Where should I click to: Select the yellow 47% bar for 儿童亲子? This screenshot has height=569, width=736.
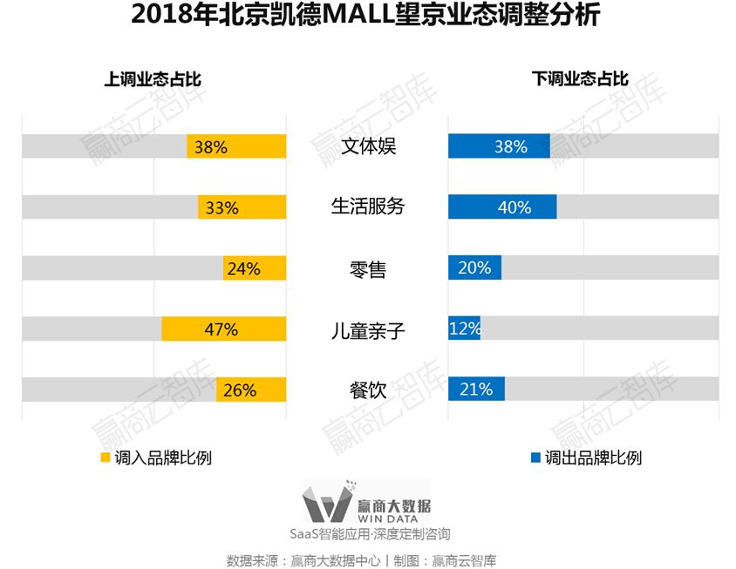point(224,329)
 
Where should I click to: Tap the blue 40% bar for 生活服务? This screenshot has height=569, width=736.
point(502,207)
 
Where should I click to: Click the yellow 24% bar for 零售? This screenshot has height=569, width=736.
point(254,268)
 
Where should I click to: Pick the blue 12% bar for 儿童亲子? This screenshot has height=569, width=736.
point(464,329)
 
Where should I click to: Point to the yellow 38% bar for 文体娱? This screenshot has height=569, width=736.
point(236,147)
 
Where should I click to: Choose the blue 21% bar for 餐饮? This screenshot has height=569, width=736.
point(476,389)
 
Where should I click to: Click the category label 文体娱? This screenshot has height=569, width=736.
point(368,146)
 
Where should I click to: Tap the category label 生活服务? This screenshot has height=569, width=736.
point(368,207)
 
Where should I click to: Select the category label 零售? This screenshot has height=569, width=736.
point(368,269)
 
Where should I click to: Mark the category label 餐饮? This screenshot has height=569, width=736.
point(368,389)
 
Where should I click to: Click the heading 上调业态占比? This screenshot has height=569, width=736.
point(153,79)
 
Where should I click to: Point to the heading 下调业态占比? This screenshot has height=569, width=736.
point(580,79)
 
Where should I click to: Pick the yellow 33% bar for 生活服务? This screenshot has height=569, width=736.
point(242,207)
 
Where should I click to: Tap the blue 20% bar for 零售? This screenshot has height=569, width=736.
point(474,268)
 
